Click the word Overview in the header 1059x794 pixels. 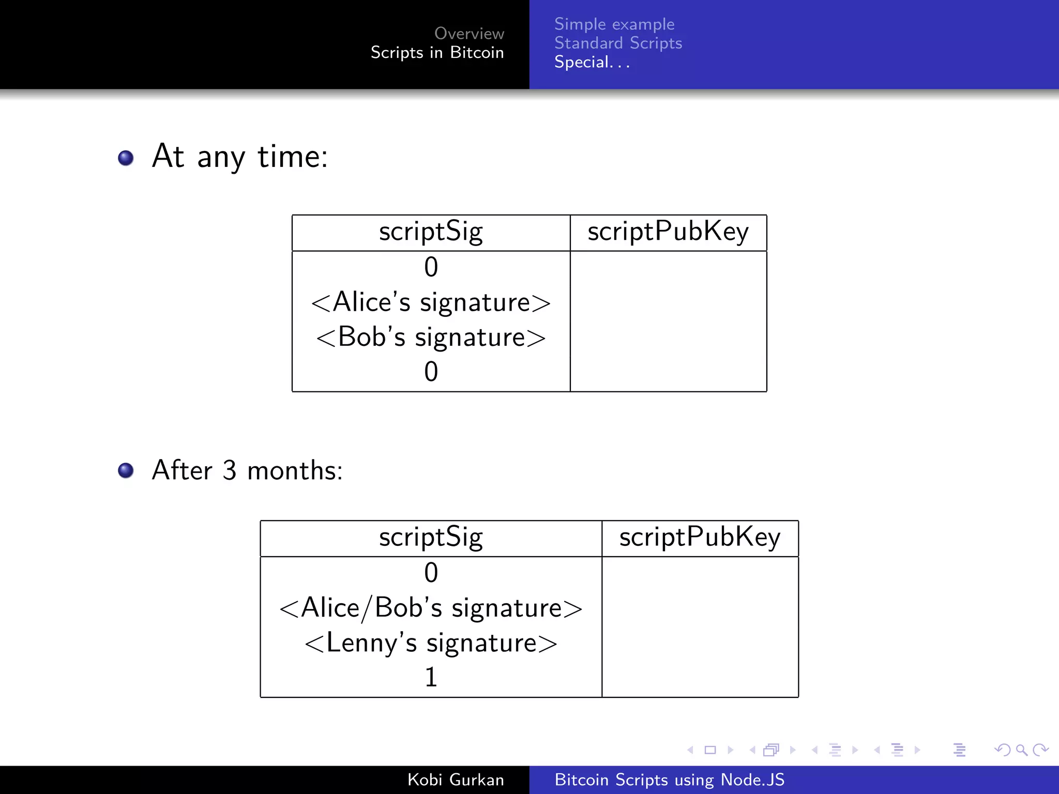pos(468,34)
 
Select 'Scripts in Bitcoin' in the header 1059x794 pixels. pos(437,53)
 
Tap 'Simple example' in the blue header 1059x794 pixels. pos(614,24)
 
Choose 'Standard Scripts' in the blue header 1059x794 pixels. pos(618,43)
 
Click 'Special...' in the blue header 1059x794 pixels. pos(592,63)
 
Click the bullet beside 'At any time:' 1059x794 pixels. pos(126,158)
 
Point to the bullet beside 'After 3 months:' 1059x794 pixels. pos(126,470)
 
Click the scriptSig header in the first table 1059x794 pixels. pos(431,232)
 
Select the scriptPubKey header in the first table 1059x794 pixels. pos(668,232)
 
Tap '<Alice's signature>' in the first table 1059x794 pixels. pos(431,302)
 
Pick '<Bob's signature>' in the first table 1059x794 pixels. pos(431,337)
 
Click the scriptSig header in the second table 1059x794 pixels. pos(431,538)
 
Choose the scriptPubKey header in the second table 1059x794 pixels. pos(700,538)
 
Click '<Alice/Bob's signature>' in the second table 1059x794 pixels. pos(431,608)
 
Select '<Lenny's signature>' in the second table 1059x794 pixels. pos(431,643)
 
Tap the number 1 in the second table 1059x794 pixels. pos(431,677)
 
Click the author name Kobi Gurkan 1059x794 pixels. pos(455,780)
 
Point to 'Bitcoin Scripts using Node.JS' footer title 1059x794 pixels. pos(669,780)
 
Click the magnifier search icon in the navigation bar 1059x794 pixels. pos(1021,750)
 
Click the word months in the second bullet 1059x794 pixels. pos(295,470)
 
